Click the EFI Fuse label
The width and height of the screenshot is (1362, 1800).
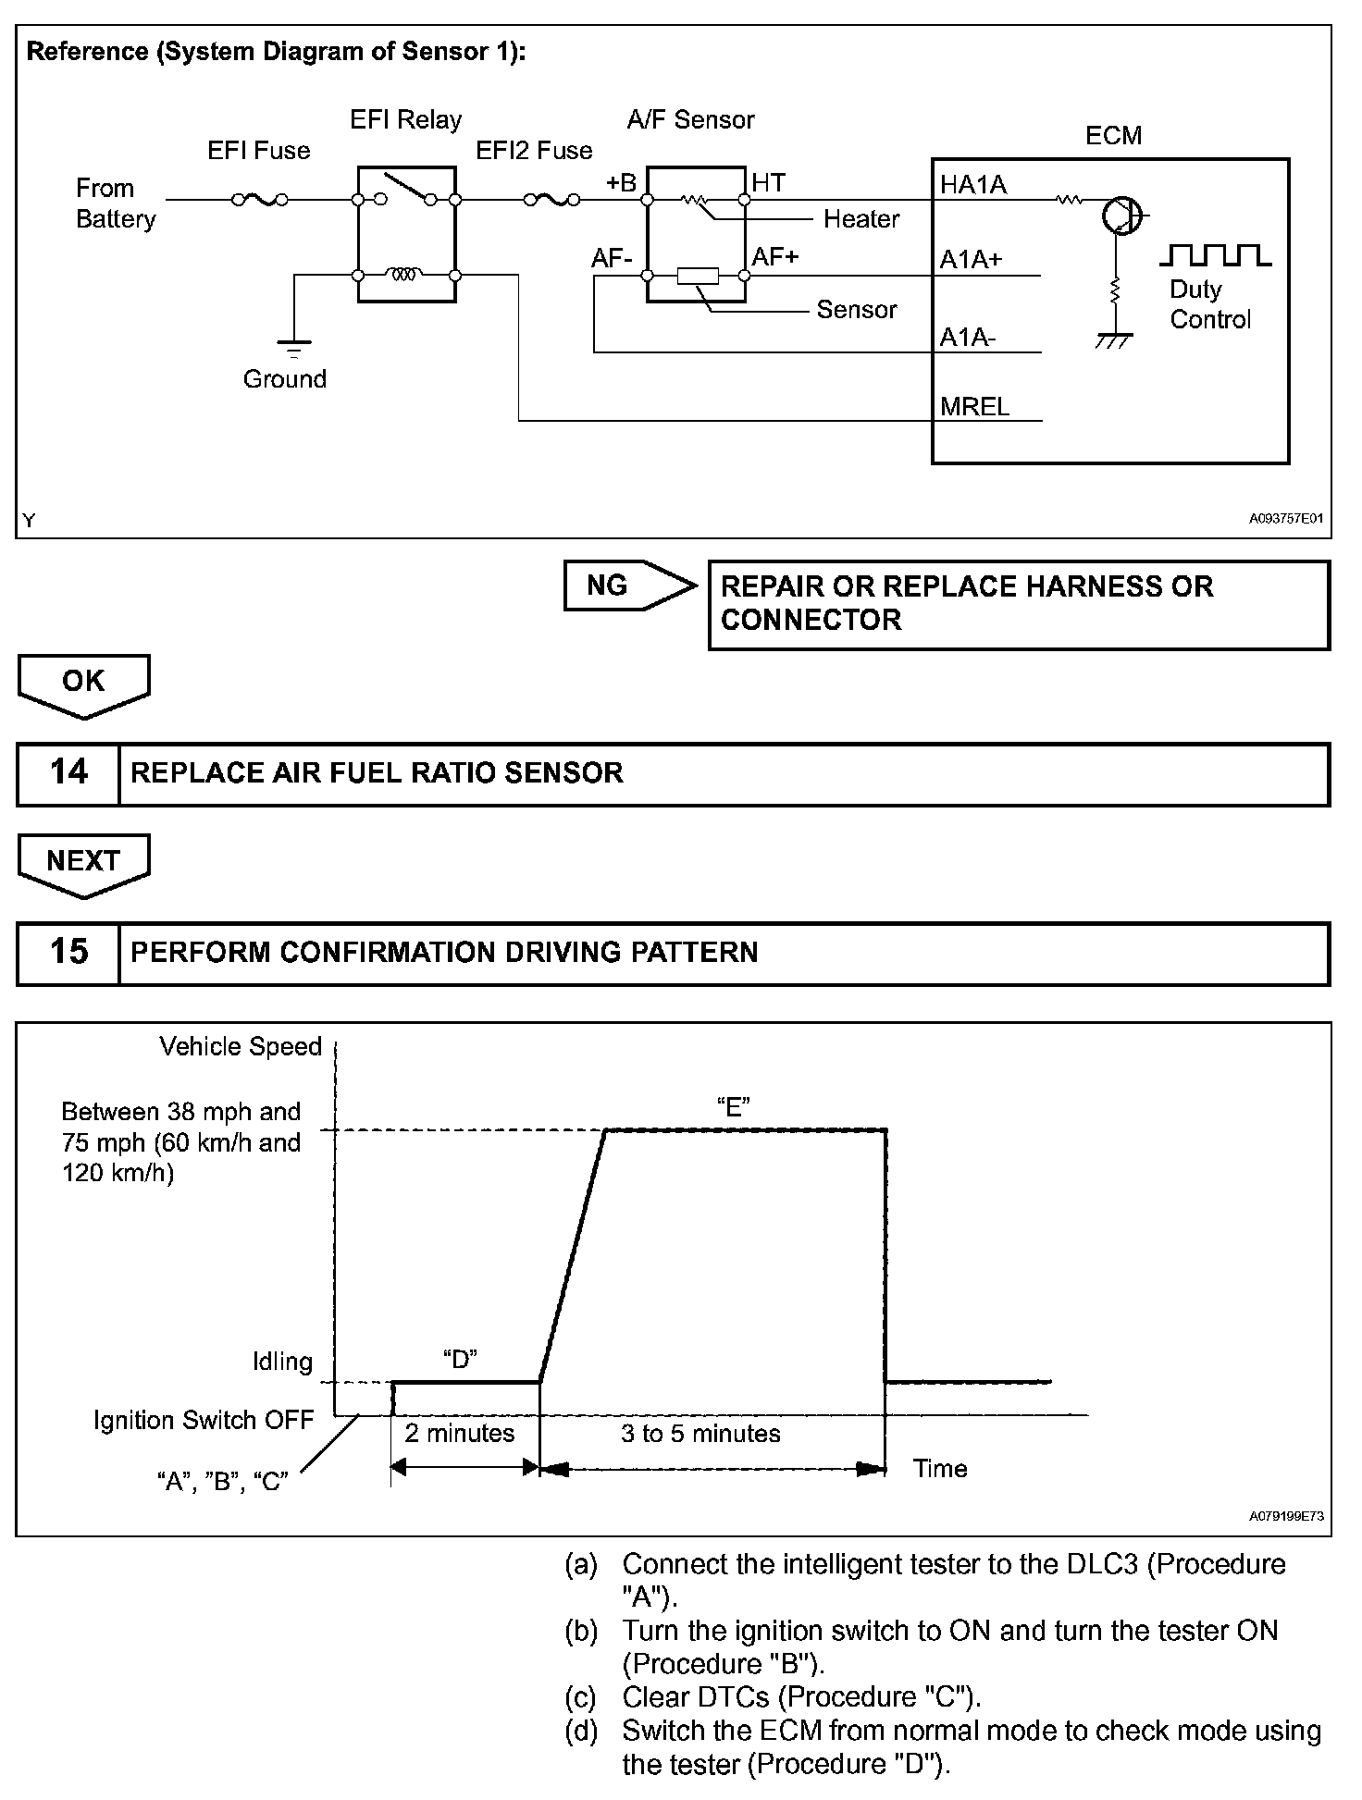point(258,151)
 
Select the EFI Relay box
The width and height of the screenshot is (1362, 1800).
point(406,233)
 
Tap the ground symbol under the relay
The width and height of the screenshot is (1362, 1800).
point(293,347)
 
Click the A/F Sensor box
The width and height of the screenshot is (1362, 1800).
point(696,234)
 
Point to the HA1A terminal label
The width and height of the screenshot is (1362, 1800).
point(972,186)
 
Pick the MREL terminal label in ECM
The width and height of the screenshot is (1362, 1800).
point(974,407)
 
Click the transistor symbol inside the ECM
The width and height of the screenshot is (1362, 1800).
point(1121,216)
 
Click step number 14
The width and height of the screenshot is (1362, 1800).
point(68,772)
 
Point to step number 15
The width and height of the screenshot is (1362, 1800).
point(68,952)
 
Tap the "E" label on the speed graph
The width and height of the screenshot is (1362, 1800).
point(733,1107)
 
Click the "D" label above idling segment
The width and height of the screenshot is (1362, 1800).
point(459,1359)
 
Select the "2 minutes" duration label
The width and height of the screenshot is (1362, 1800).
point(459,1433)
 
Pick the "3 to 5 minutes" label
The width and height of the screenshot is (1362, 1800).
point(700,1434)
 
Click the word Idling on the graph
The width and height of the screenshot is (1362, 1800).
point(282,1362)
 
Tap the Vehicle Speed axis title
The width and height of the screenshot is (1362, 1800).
point(241,1046)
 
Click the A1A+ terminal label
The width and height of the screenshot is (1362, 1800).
point(971,261)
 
